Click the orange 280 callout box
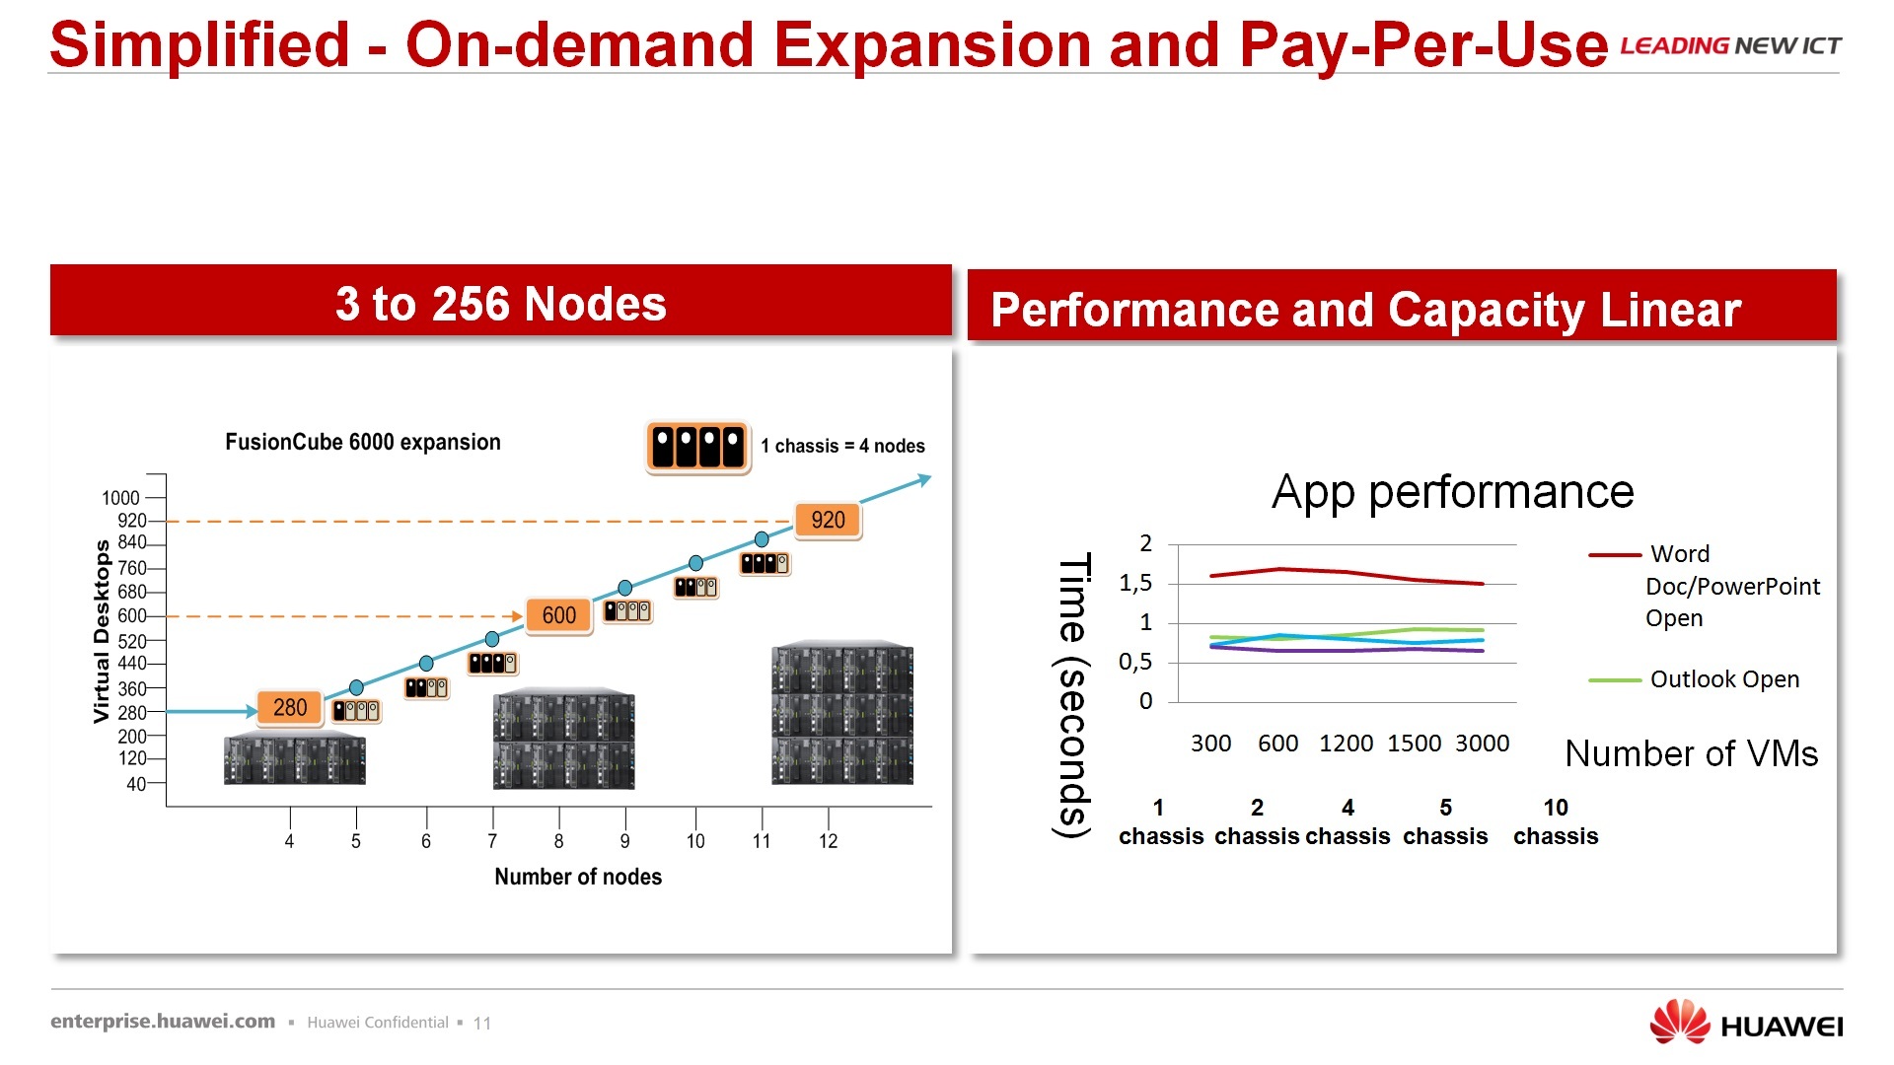[x=290, y=707]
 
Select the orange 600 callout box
[x=558, y=615]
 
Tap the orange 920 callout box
[x=828, y=520]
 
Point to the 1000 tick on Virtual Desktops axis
[x=121, y=498]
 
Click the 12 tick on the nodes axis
[x=828, y=841]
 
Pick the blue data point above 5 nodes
[x=356, y=687]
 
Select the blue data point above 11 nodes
[x=762, y=539]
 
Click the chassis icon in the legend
[x=697, y=447]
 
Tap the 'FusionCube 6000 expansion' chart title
[x=363, y=442]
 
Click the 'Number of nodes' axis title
[x=578, y=877]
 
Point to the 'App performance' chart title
[x=1452, y=491]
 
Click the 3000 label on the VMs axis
[x=1482, y=744]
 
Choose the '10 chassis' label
[x=1556, y=822]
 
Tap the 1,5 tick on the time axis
[x=1135, y=584]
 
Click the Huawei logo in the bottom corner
[x=1745, y=1023]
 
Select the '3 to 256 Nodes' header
[x=501, y=303]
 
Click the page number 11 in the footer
[x=482, y=1024]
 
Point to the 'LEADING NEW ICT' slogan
[x=1730, y=46]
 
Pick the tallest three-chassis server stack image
[x=842, y=713]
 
